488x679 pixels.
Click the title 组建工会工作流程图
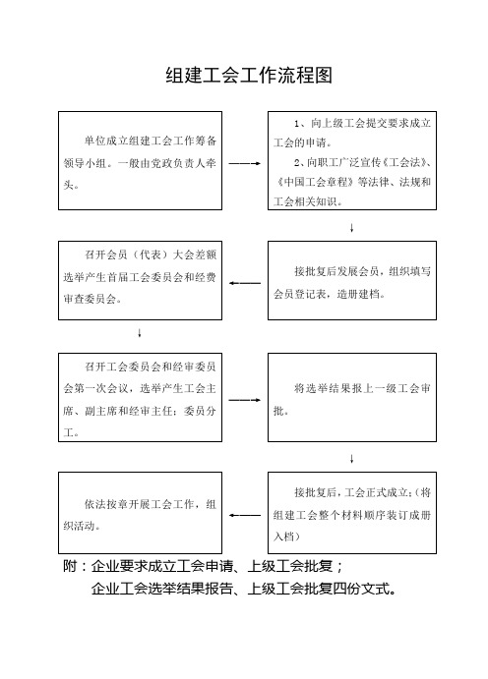(249, 76)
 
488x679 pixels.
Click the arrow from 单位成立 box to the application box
(244, 164)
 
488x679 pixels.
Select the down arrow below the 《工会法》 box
(351, 228)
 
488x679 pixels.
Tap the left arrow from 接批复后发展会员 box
(245, 283)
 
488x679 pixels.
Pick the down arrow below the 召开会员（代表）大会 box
(140, 333)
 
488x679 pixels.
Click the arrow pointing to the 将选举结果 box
(244, 400)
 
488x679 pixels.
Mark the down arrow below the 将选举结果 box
(351, 459)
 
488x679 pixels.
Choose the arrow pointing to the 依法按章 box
(245, 515)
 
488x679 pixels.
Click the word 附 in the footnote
(70, 566)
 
